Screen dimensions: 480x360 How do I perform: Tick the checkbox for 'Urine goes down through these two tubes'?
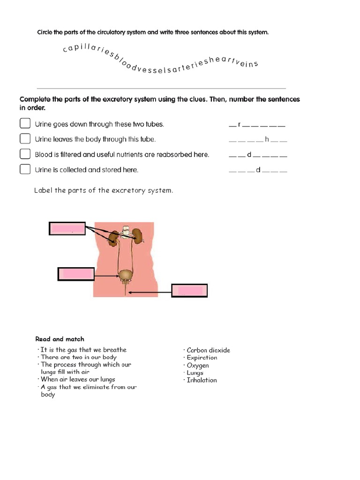25,124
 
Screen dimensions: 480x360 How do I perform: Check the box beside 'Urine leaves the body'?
25,139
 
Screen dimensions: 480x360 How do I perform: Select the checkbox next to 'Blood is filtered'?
25,154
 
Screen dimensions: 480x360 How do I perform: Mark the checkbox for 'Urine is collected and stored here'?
25,169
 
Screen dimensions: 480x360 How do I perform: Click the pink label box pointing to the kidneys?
67,229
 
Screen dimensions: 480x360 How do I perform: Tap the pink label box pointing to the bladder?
76,274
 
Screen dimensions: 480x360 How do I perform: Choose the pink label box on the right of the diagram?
190,291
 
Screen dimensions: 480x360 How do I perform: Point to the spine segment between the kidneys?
125,232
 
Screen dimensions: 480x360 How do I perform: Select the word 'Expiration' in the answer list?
202,358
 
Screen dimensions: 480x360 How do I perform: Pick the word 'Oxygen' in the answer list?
198,365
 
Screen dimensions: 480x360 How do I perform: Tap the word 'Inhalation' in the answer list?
202,380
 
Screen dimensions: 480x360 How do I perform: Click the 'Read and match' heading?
60,339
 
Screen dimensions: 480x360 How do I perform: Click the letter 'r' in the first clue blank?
239,125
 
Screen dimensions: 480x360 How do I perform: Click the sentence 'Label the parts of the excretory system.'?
104,190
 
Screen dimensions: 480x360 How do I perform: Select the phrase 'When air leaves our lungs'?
77,379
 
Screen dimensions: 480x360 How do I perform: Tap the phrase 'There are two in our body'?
78,357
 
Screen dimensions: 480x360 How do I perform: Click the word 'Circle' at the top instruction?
45,32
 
